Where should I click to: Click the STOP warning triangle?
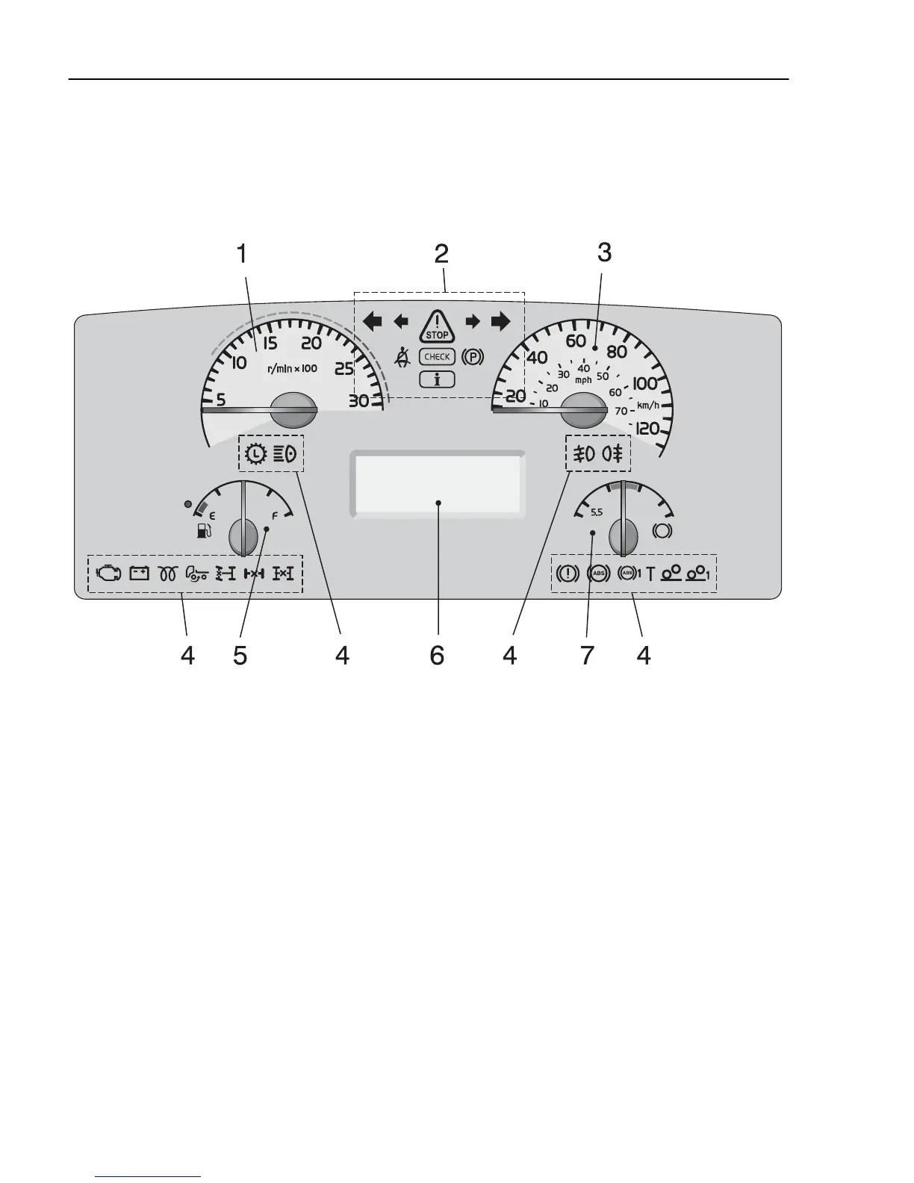click(x=437, y=327)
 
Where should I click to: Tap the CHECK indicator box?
click(x=437, y=357)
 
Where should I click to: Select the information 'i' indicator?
click(x=437, y=379)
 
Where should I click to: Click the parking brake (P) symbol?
click(x=473, y=357)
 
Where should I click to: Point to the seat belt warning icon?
click(x=403, y=358)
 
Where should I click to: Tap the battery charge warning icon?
click(x=140, y=574)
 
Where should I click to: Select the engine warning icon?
click(x=108, y=574)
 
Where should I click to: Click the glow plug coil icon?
click(x=167, y=574)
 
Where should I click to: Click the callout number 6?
click(x=437, y=656)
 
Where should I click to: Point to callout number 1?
click(x=241, y=254)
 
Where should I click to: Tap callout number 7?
click(x=587, y=656)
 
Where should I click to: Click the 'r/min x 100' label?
click(x=292, y=369)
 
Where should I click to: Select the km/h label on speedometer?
click(x=647, y=406)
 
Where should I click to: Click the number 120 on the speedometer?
click(x=647, y=429)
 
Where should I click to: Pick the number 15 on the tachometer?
click(x=270, y=344)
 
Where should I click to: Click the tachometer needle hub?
click(x=293, y=409)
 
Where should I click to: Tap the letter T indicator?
click(x=650, y=574)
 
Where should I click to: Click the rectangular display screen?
click(x=438, y=483)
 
